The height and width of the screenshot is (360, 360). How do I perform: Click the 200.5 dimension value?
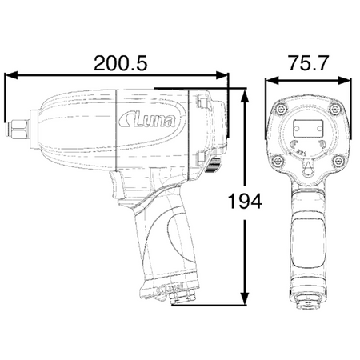pos(121,63)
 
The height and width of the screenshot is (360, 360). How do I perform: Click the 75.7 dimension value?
pos(309,63)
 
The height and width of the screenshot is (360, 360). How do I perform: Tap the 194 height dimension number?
pos(246,202)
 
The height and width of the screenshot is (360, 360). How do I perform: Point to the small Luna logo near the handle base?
pos(171,289)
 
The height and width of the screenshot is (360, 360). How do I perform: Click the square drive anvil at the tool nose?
pos(17,130)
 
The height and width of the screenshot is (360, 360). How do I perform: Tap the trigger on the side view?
pos(117,185)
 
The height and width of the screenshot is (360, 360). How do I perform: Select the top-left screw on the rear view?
pos(280,109)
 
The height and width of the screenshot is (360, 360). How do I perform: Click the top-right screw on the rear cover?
pos(334,109)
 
